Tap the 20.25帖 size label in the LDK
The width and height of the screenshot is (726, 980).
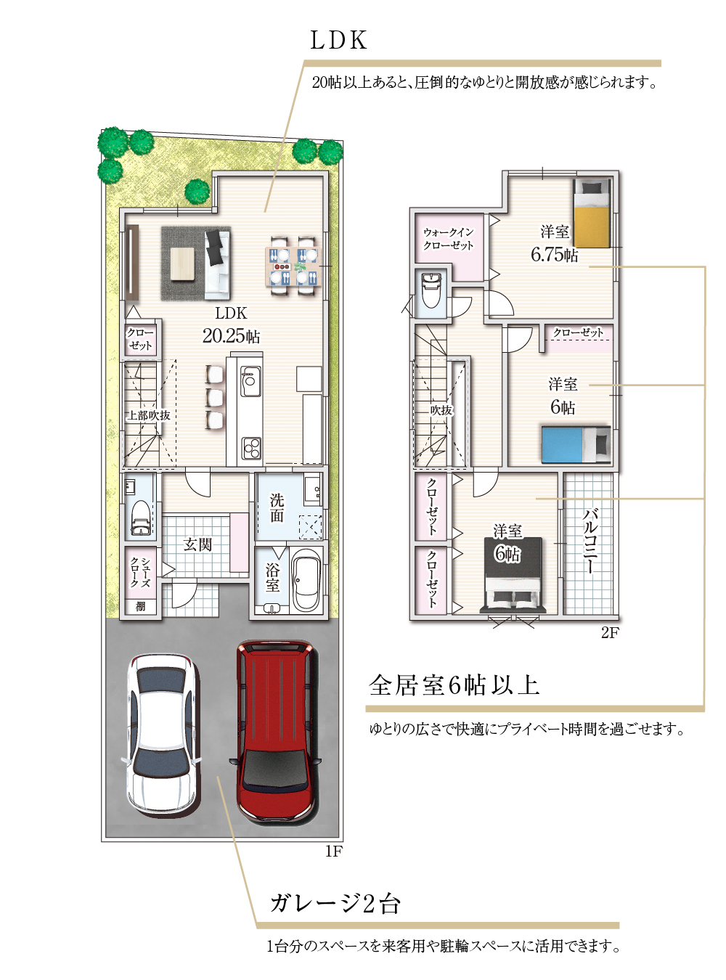[231, 336]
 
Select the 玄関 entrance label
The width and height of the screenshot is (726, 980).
[197, 544]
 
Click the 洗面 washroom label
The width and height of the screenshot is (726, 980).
[277, 507]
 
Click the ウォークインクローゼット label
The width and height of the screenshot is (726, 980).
[449, 239]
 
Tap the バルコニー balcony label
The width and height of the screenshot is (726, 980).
[590, 542]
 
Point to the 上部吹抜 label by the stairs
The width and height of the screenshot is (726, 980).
[149, 415]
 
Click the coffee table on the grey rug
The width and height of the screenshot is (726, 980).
[182, 264]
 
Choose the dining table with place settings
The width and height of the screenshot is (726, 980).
[293, 267]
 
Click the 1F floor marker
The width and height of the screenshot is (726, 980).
[334, 852]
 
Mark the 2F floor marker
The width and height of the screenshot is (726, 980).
[610, 633]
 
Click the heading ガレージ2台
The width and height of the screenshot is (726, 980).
[335, 903]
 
